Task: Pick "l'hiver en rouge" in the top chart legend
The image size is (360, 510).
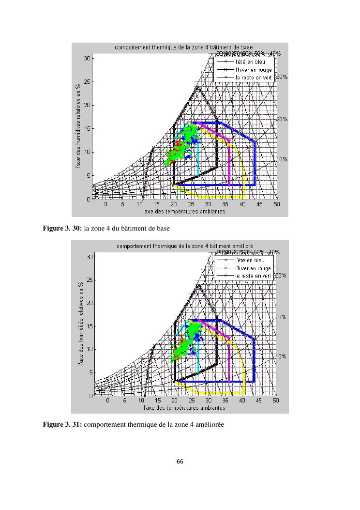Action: click(x=254, y=70)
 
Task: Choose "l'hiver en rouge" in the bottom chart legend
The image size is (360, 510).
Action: click(x=253, y=268)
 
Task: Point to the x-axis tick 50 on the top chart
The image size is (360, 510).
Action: click(x=276, y=204)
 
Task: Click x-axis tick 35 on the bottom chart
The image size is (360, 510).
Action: click(x=225, y=401)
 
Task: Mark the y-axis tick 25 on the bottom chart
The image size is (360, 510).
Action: click(x=89, y=280)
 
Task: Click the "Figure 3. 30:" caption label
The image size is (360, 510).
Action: click(x=62, y=229)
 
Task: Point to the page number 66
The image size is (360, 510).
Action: click(x=180, y=462)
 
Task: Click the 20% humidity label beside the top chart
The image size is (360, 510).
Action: click(x=282, y=119)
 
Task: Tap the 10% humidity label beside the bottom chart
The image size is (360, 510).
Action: click(x=281, y=356)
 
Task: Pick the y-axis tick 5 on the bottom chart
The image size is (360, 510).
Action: click(x=90, y=373)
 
